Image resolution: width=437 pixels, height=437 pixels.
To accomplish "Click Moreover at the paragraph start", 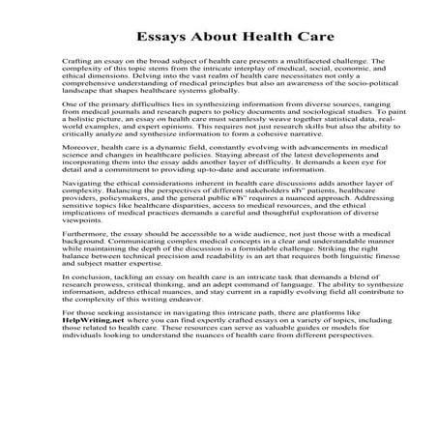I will (x=54, y=191).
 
